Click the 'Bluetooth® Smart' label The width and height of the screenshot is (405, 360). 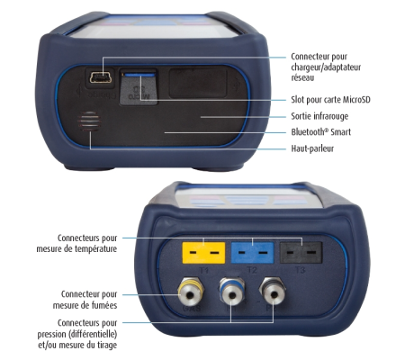(x=324, y=131)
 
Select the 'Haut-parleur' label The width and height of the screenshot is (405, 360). (x=316, y=148)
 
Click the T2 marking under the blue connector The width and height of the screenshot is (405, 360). (x=251, y=268)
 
